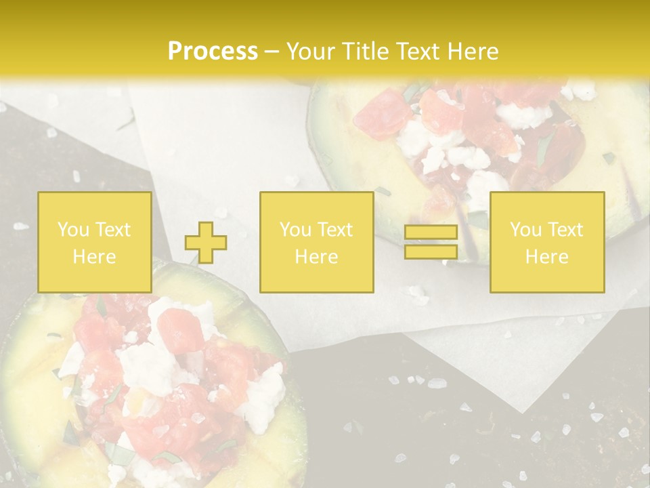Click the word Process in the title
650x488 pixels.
tap(213, 52)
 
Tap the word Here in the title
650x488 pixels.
tap(470, 52)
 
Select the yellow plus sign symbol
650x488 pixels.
tap(206, 243)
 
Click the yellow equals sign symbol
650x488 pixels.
tap(431, 242)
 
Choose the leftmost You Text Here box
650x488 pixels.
tap(94, 243)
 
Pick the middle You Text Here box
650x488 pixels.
tap(316, 243)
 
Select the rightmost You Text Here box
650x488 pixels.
tap(546, 243)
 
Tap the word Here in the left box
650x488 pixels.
tap(94, 257)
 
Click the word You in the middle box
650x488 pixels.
tap(295, 230)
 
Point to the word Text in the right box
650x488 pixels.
tap(567, 230)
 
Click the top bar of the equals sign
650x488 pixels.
tap(431, 232)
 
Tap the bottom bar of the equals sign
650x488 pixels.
tap(431, 251)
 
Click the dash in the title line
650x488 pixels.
tap(272, 52)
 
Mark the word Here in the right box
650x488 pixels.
tap(546, 257)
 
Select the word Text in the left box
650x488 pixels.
tap(114, 230)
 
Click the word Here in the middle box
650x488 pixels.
tap(316, 257)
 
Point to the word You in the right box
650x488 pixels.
tap(525, 230)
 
